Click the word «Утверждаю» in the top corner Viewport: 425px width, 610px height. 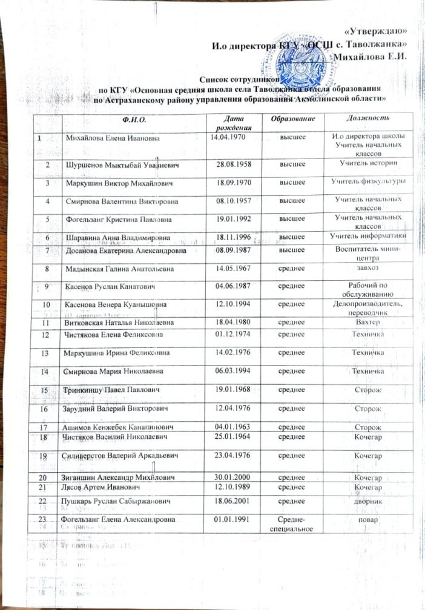pos(375,31)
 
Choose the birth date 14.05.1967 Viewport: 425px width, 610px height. pos(234,267)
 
